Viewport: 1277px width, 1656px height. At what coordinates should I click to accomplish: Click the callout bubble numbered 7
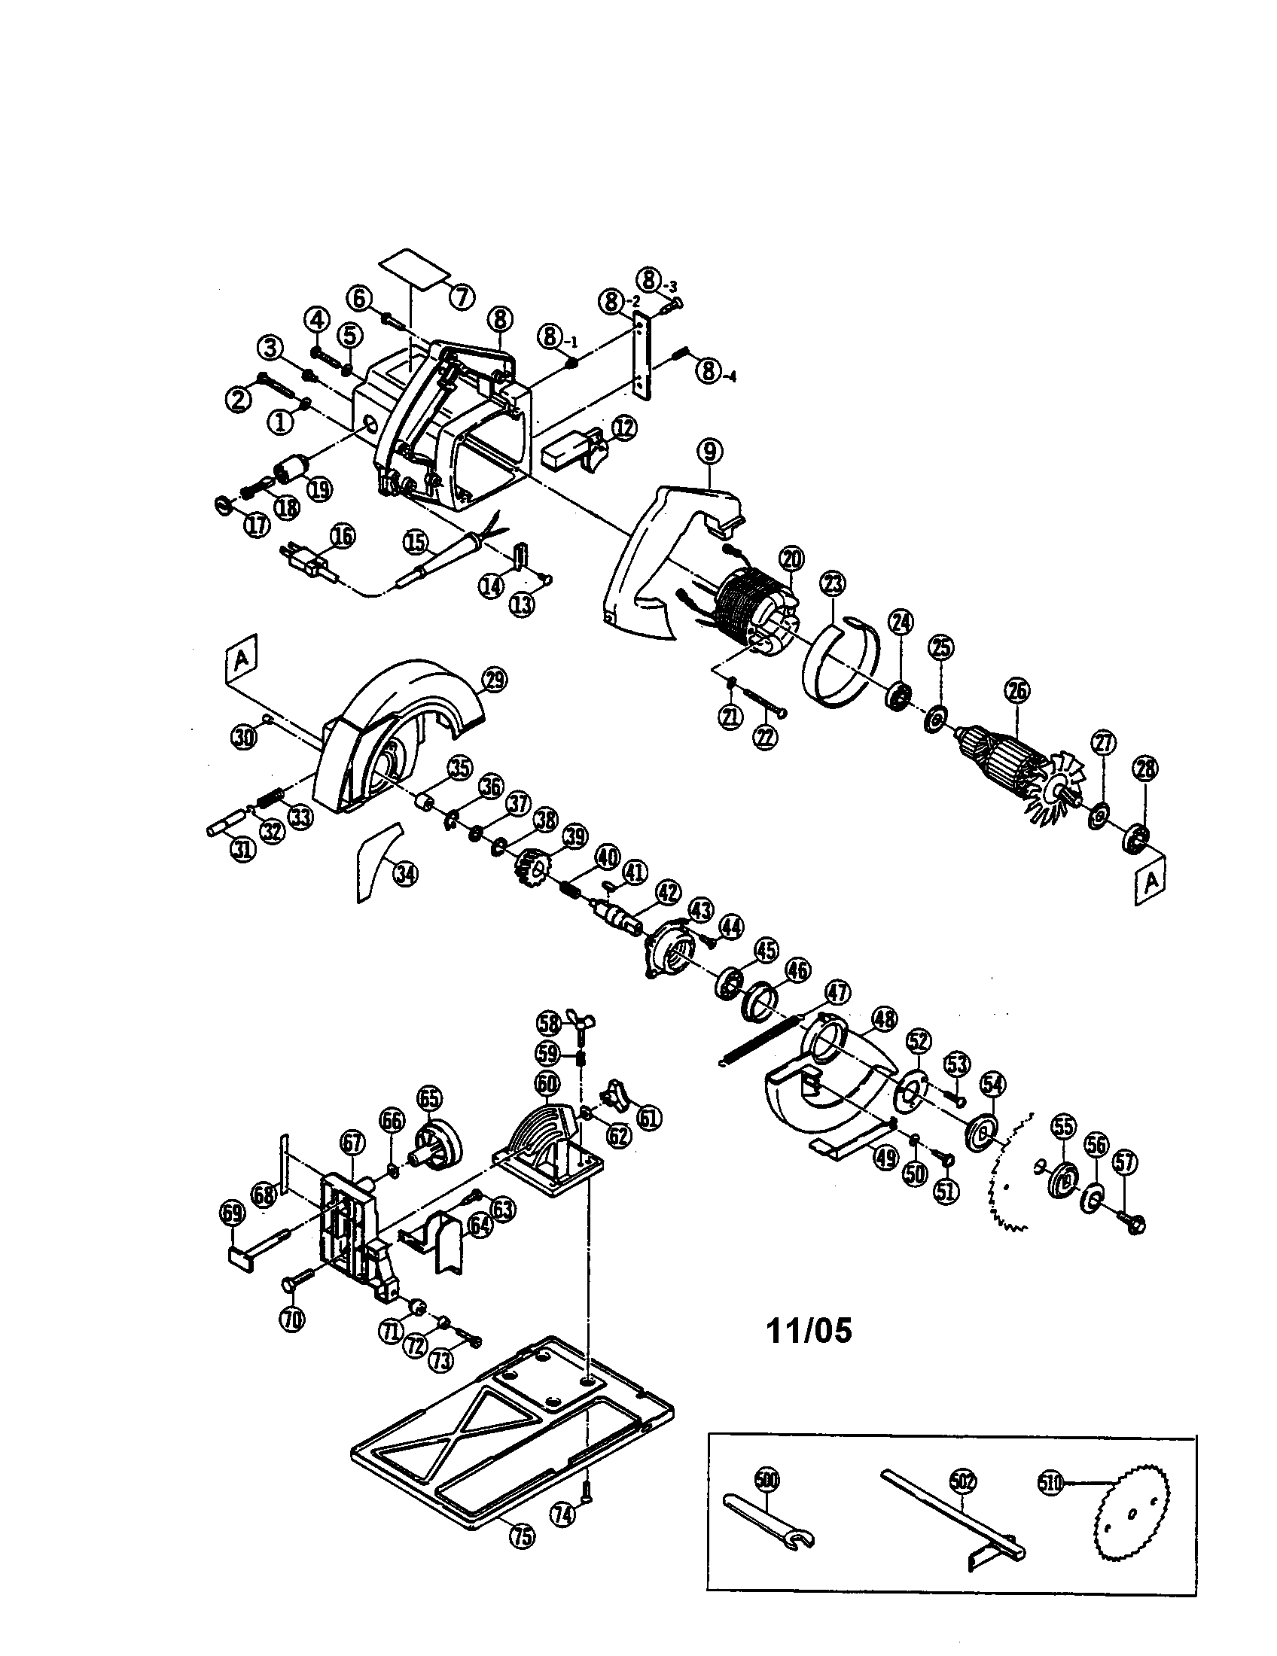[x=462, y=297]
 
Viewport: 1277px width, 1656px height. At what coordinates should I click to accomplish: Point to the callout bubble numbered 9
[x=710, y=452]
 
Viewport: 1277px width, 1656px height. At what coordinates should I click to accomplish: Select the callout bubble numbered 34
[x=404, y=874]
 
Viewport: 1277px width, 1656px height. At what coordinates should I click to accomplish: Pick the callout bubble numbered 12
[x=623, y=428]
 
